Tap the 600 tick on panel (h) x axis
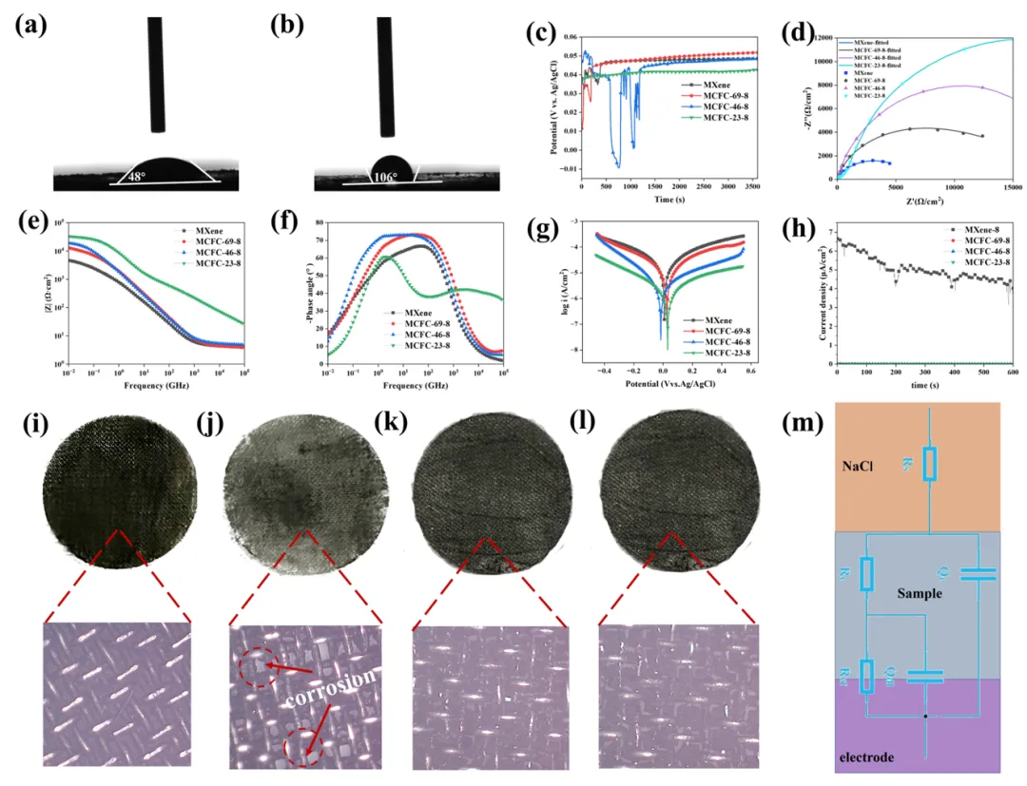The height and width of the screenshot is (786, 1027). [x=1011, y=373]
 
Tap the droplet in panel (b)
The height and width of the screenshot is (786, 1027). [x=392, y=168]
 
